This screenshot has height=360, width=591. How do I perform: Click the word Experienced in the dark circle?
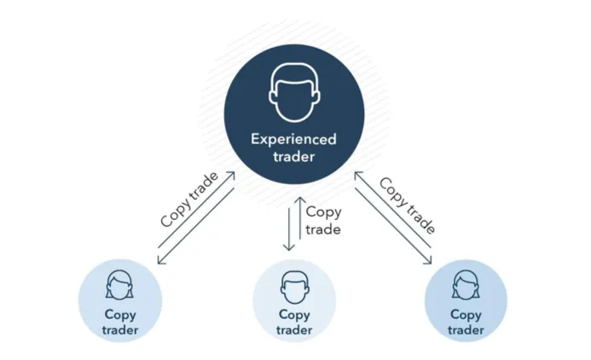point(293,140)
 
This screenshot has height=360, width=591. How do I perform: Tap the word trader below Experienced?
point(294,156)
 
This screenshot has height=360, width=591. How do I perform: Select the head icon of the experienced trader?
point(294,93)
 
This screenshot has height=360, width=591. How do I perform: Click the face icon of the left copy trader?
point(119,285)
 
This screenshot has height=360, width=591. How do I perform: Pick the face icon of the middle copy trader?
point(295,287)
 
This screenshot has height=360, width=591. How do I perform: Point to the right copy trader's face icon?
point(466,285)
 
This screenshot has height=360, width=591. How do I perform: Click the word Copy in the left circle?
point(120,315)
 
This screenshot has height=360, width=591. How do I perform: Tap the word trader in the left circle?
point(120,330)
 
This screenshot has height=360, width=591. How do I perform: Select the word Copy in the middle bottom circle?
point(294,315)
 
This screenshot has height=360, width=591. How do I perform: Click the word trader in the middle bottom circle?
point(294,330)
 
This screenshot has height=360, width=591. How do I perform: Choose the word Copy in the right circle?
point(466,315)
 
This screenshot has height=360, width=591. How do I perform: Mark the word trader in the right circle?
point(466,330)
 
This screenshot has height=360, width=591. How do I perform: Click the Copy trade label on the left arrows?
point(189,200)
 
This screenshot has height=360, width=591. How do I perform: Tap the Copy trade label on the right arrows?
point(408,205)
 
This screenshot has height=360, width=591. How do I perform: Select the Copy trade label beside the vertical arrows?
point(323,221)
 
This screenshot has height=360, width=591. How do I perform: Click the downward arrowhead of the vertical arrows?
point(289,247)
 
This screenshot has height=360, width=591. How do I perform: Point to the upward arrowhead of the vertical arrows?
point(300,200)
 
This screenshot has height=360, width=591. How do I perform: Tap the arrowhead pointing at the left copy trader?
point(161,260)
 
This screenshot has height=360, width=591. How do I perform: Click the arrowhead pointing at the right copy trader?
point(428,260)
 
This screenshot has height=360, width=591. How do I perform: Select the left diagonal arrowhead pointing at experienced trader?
point(231,176)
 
